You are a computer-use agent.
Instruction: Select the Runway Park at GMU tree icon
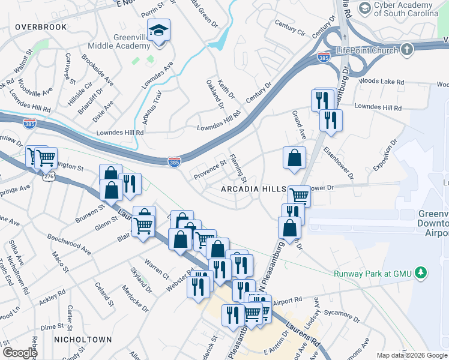(421, 273)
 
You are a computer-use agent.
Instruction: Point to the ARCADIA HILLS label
(254, 189)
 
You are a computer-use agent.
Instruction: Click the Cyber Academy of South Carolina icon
(364, 8)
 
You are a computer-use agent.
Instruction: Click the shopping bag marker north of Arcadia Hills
(294, 159)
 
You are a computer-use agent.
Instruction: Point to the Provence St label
(209, 169)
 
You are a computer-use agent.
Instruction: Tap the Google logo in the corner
(20, 353)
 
